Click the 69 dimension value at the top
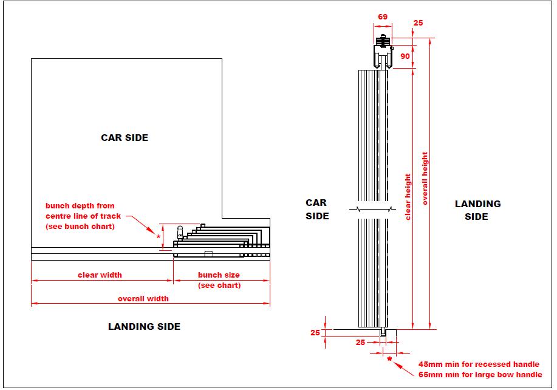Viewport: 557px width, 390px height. (x=383, y=16)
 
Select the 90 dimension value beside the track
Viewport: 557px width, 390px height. (x=405, y=56)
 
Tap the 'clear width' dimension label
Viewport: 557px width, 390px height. (x=100, y=275)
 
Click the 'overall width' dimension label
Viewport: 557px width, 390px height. (x=143, y=299)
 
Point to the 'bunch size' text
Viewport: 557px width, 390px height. (x=219, y=275)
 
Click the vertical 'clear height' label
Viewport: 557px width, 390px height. (x=408, y=197)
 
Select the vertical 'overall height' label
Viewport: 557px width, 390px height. (x=425, y=179)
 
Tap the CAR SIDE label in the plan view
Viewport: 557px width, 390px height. (x=125, y=138)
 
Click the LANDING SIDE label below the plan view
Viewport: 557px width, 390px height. (x=144, y=326)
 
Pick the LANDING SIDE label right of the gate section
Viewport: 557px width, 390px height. (x=477, y=210)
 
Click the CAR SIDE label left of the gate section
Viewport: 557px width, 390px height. (x=317, y=209)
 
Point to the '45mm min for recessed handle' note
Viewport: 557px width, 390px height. (x=479, y=364)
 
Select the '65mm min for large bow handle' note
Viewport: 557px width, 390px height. (x=480, y=375)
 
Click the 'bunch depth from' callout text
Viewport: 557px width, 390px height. (x=80, y=206)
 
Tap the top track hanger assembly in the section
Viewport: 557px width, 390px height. (x=383, y=52)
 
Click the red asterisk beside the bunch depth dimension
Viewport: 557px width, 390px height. (x=159, y=236)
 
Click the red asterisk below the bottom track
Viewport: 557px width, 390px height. (x=390, y=359)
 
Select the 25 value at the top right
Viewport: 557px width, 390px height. (x=418, y=22)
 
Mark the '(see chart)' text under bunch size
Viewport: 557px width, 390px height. (x=219, y=286)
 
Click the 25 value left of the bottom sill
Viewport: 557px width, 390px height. (x=315, y=333)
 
